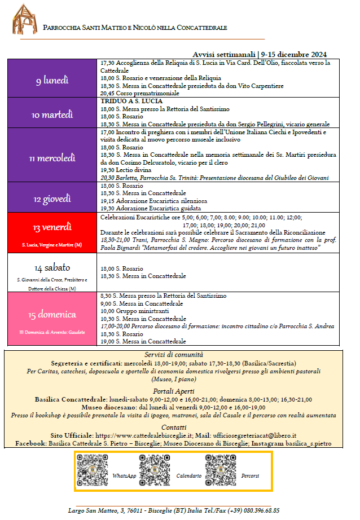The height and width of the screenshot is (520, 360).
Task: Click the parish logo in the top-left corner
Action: pos(25,19)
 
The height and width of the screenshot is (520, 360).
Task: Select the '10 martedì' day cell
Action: pos(52,114)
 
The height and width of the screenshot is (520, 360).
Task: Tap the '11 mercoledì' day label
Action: pos(52,158)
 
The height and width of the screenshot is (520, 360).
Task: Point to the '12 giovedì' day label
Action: pos(52,199)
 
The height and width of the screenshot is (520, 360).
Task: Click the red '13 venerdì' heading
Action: pos(52,227)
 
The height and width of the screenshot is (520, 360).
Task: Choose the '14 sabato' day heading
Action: pos(52,267)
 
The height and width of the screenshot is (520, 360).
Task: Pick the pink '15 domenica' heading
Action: pos(52,314)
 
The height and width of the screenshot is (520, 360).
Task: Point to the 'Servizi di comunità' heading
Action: pos(181,354)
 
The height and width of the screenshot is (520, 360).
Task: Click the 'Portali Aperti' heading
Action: pos(181,391)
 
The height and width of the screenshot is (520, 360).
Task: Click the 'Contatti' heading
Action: pos(181,427)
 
